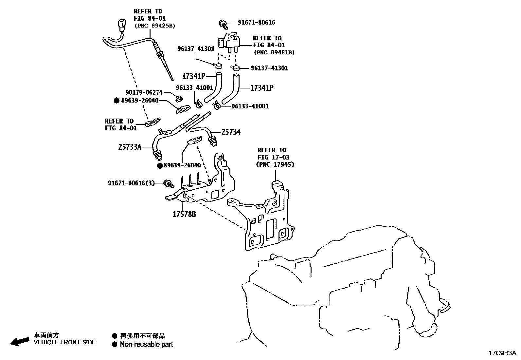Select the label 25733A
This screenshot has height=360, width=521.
130,147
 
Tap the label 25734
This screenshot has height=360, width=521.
231,132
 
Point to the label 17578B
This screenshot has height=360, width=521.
184,214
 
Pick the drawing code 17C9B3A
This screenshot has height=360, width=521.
502,353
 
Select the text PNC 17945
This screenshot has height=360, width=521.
275,164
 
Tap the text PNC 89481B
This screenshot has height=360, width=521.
274,52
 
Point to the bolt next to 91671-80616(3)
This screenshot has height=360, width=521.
169,184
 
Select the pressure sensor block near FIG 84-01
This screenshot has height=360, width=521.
230,41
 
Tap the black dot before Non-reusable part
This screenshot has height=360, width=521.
114,344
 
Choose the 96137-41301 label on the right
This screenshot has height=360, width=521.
269,68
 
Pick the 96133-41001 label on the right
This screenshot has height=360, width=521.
250,106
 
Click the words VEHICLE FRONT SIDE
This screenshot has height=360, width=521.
65,342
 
